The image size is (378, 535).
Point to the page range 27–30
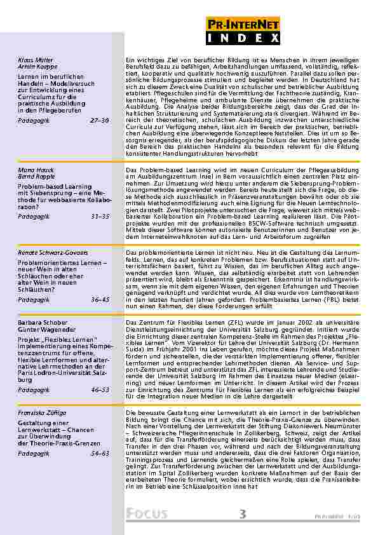(x=100, y=119)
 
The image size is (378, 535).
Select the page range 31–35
(x=100, y=217)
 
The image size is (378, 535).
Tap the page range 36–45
(x=100, y=299)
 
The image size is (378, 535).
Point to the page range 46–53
(x=100, y=389)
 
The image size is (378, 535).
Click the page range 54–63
(x=100, y=454)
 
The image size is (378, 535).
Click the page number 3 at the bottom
(x=243, y=515)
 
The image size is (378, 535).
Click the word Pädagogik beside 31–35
(x=32, y=217)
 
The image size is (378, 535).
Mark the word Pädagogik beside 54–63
(x=32, y=454)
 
